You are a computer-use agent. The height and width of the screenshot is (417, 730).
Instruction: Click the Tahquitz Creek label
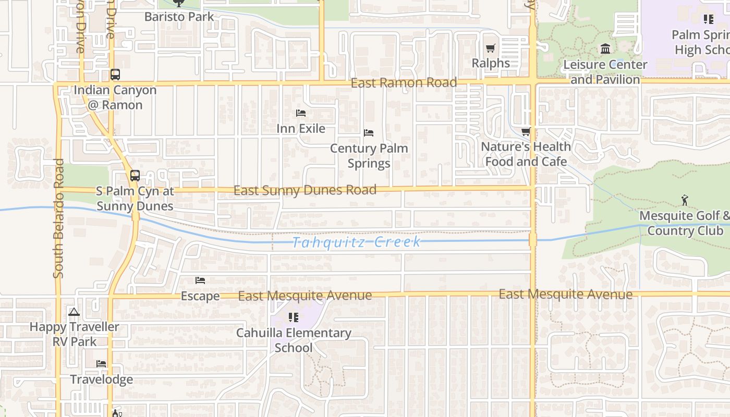click(x=357, y=242)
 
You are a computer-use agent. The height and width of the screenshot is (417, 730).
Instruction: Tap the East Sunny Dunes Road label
click(x=305, y=190)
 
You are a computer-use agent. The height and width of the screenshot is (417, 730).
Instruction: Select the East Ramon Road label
click(x=404, y=83)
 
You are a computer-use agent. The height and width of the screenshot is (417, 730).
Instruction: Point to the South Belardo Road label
click(x=58, y=218)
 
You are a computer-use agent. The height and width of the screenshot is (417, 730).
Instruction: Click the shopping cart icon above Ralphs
click(x=490, y=48)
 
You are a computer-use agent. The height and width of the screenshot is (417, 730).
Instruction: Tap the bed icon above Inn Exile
click(x=301, y=113)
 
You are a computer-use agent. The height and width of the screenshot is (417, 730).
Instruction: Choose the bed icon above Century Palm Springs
click(x=369, y=133)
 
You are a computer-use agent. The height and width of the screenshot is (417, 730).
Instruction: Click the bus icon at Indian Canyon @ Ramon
click(x=115, y=75)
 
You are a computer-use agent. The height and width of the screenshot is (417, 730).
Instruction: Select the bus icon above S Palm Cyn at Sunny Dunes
click(x=135, y=176)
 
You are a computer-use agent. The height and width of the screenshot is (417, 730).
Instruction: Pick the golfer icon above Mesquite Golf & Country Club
click(x=685, y=200)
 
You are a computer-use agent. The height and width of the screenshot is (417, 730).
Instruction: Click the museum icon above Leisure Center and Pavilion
click(x=605, y=49)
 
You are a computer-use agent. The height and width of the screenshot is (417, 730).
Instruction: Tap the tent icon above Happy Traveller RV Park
click(x=74, y=312)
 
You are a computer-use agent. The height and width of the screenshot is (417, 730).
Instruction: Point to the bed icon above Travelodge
click(x=101, y=364)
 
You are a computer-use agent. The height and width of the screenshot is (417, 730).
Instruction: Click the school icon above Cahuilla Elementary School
click(x=293, y=317)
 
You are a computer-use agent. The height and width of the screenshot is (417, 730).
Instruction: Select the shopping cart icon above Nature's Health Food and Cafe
click(x=526, y=131)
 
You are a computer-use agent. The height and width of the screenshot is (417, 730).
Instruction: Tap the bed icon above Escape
click(x=200, y=280)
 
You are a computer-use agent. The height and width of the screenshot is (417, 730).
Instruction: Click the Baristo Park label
click(x=179, y=17)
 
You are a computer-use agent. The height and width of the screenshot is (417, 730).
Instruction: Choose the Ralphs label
click(x=491, y=63)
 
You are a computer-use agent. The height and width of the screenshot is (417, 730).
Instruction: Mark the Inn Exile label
click(x=301, y=128)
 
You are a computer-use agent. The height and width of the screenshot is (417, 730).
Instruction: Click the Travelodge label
click(x=102, y=379)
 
